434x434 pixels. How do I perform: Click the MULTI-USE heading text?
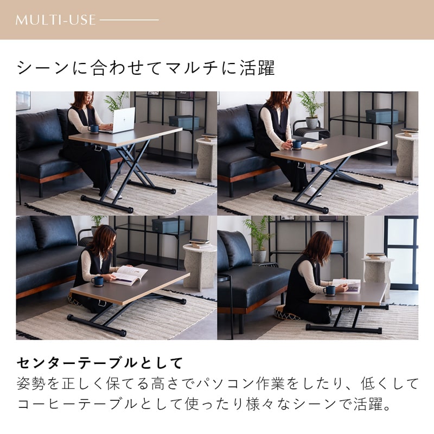[x=56, y=20]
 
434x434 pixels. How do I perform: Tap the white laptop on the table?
[x=121, y=120]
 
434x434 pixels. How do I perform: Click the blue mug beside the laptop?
[x=93, y=129]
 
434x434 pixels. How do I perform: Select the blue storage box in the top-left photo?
[x=184, y=122]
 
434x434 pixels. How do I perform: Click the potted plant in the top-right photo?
[x=311, y=110]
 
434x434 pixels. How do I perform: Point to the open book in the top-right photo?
[x=314, y=145]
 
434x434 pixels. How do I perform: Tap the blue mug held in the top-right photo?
[x=296, y=144]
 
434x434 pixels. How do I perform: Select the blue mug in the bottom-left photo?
[x=98, y=281]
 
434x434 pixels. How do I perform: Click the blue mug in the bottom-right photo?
[x=329, y=290]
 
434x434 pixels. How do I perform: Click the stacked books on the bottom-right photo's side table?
[x=376, y=256]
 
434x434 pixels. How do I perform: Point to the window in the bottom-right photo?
[x=401, y=253]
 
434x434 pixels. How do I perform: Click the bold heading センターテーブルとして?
[x=100, y=363]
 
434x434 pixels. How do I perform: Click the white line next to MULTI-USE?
[x=129, y=20]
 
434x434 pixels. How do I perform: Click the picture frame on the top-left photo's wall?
[x=23, y=100]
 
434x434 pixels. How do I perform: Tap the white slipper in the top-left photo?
[x=114, y=194]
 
